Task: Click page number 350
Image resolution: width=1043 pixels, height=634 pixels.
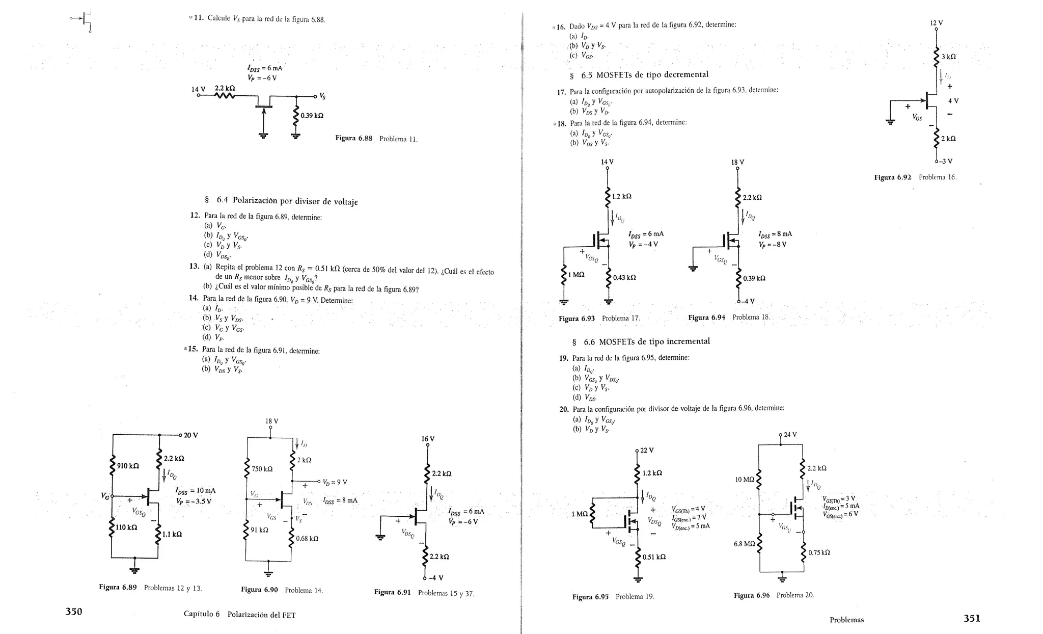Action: (74, 612)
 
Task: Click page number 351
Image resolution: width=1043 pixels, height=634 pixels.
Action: (971, 618)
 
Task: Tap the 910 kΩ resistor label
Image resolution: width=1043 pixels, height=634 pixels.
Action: (128, 466)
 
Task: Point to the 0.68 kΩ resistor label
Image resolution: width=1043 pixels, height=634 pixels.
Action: (307, 538)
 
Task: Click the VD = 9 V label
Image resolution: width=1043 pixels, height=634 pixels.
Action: (335, 482)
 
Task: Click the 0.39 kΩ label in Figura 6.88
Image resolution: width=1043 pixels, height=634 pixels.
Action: (312, 116)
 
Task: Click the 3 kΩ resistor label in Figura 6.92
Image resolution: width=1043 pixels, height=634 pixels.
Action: (948, 57)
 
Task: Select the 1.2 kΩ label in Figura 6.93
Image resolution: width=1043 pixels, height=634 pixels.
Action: (621, 196)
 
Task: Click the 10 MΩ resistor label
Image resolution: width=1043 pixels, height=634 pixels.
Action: (744, 480)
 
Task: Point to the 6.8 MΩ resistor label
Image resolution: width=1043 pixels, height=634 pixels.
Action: (744, 544)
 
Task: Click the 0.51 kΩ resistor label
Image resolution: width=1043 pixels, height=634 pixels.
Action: (654, 557)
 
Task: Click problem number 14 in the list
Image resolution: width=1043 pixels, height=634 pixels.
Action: (194, 298)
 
